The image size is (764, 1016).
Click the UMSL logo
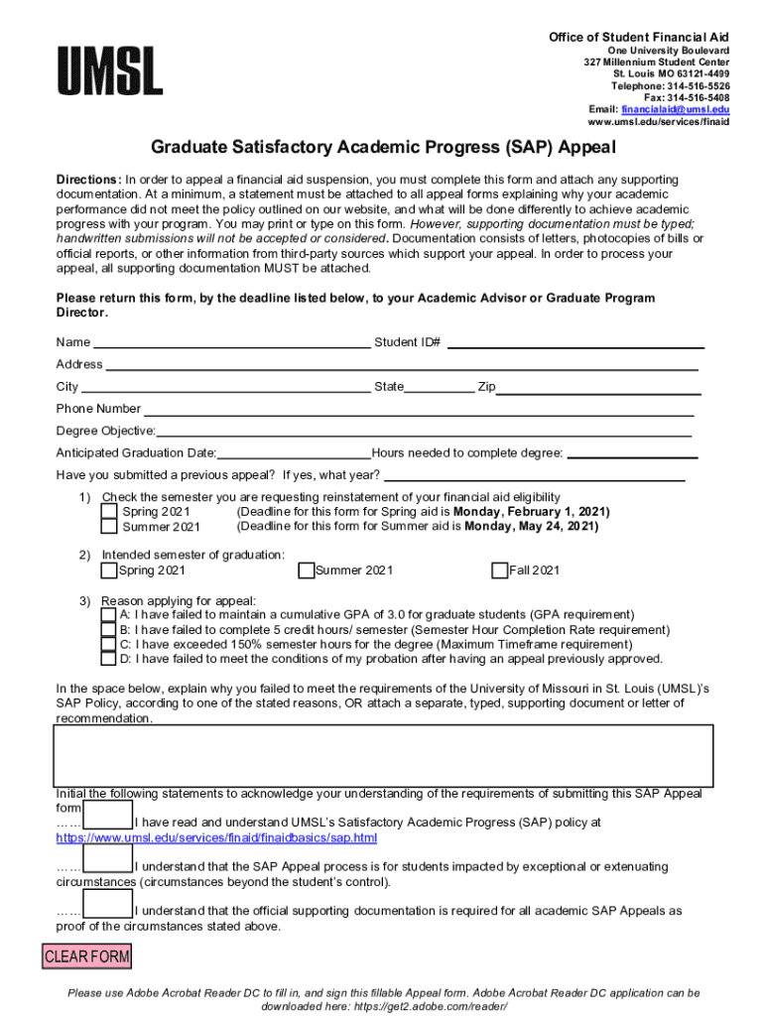pyautogui.click(x=109, y=70)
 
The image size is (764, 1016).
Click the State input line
pyautogui.click(x=439, y=387)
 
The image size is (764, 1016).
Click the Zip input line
pyautogui.click(x=597, y=387)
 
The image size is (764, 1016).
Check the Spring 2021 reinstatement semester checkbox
pyautogui.click(x=108, y=512)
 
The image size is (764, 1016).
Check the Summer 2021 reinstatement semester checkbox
pyautogui.click(x=108, y=527)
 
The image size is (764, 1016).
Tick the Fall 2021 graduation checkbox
pyautogui.click(x=499, y=571)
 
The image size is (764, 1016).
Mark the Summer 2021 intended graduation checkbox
pyautogui.click(x=306, y=571)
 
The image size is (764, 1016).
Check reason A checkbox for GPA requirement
pyautogui.click(x=108, y=615)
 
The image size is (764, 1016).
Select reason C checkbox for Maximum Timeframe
pyautogui.click(x=108, y=644)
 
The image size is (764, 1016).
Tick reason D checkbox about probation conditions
pyautogui.click(x=108, y=659)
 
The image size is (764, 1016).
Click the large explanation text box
pyautogui.click(x=382, y=755)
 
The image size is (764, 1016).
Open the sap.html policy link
pyautogui.click(x=216, y=838)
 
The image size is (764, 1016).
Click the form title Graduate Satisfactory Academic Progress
pyautogui.click(x=383, y=148)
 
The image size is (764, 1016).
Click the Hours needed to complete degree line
pyautogui.click(x=631, y=453)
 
